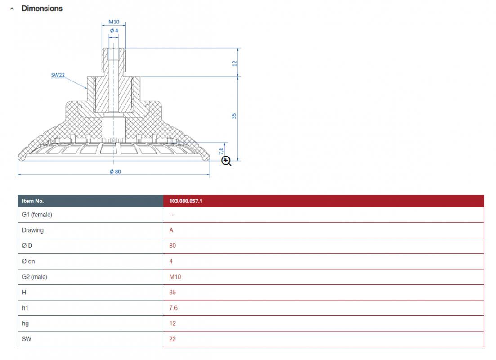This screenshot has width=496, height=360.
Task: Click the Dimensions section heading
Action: pos(42,9)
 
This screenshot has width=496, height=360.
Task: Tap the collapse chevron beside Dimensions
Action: pos(12,9)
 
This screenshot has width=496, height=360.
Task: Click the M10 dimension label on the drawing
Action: pos(114,22)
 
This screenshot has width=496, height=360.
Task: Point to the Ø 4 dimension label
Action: pos(114,31)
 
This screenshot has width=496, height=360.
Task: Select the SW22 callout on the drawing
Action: pos(58,75)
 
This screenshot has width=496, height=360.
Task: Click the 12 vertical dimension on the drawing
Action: pos(234,63)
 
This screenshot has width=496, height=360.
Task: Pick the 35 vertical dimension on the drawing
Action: pos(234,116)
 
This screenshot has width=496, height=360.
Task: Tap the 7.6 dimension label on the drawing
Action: pos(221,151)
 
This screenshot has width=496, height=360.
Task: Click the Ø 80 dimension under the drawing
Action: pos(115,171)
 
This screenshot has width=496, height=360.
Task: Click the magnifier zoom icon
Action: pos(226,161)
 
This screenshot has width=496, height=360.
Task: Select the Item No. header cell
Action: pos(33,201)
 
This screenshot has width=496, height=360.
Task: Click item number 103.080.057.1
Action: pos(186,201)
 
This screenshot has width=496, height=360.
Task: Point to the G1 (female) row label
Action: pos(37,215)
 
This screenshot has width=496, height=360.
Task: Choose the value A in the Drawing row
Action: pos(171,230)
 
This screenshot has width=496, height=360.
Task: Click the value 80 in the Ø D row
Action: pos(172,246)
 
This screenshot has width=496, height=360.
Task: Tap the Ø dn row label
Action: pos(28,261)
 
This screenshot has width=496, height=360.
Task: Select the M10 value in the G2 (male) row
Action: pos(175,277)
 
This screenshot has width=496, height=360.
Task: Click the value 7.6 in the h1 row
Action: pos(173,308)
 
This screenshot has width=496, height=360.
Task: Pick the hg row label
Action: pos(25,324)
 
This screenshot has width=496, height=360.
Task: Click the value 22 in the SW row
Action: pos(172,339)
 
